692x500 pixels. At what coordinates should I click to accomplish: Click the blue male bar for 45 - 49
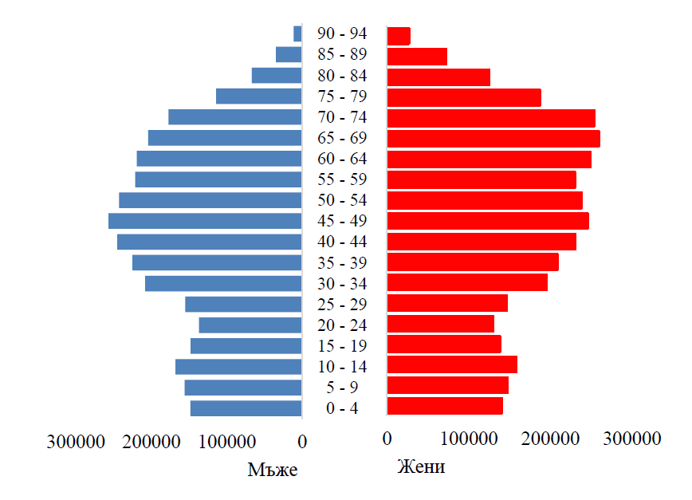(205, 221)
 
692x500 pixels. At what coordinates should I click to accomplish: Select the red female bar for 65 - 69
(493, 139)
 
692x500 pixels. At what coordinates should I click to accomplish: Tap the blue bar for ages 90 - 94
(297, 33)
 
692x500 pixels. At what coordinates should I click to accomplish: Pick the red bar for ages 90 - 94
(399, 36)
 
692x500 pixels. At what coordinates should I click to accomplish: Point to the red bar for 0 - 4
(445, 406)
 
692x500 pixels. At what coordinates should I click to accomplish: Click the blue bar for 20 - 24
(250, 325)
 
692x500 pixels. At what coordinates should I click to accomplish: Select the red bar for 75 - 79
(464, 97)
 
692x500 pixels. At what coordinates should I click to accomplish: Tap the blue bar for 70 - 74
(235, 117)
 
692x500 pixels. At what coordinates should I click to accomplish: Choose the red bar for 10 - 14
(452, 364)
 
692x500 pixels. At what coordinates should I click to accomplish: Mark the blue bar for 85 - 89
(289, 54)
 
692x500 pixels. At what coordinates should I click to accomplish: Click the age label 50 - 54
(342, 200)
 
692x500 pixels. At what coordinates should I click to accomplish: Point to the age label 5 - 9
(342, 388)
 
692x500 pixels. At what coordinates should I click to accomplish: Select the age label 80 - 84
(342, 76)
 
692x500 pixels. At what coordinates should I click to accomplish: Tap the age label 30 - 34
(342, 284)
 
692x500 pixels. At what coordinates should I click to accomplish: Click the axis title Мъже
(273, 470)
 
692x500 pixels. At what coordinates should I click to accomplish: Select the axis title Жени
(421, 467)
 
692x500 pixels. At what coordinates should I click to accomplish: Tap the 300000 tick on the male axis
(76, 441)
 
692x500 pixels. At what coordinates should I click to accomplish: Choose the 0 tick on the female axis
(387, 439)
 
